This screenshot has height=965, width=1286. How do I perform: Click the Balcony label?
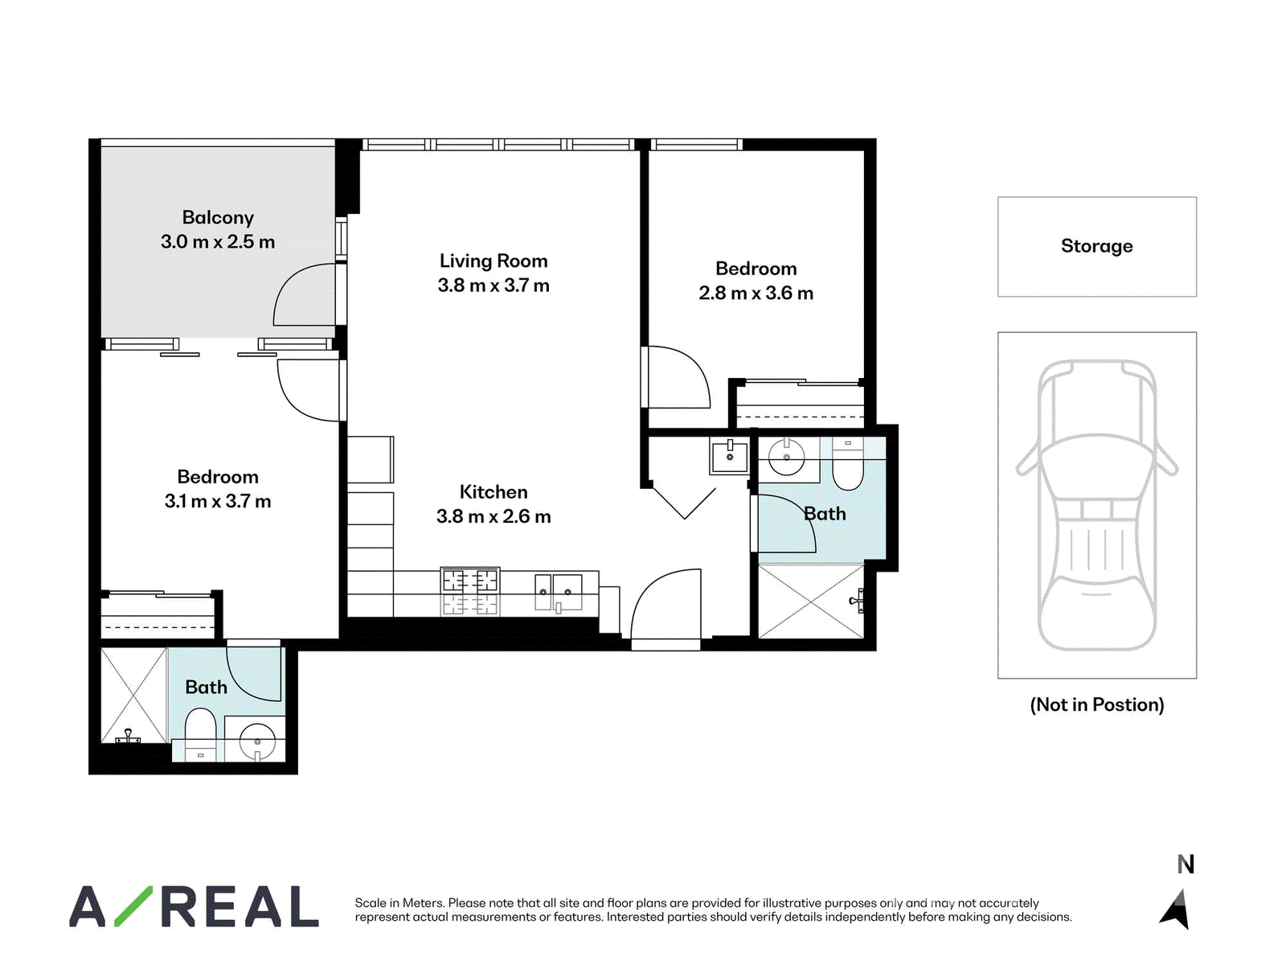(218, 217)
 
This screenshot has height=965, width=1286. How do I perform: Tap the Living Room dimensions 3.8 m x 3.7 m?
(494, 285)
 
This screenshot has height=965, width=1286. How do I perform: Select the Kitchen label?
(494, 491)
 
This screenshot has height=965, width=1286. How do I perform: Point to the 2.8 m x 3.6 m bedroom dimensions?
(756, 293)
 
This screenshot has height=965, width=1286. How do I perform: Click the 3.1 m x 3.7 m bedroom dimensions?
(217, 502)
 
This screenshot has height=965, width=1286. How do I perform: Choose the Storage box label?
(1097, 246)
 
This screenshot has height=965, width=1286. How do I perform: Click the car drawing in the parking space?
(1097, 504)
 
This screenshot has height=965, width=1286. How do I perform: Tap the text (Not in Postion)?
(1097, 704)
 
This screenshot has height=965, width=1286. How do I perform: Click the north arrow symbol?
(1175, 909)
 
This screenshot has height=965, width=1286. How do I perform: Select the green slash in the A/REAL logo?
(133, 905)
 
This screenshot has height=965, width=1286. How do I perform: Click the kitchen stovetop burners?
(470, 591)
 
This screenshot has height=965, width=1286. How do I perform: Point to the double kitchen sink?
(559, 593)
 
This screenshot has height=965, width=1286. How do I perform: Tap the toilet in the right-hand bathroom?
(847, 464)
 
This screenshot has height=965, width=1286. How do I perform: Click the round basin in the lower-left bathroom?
(257, 742)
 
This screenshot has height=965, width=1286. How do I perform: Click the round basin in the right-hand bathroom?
(786, 457)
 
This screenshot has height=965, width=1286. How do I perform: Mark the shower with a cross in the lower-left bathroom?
(134, 694)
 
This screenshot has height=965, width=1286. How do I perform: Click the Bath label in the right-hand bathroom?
(825, 514)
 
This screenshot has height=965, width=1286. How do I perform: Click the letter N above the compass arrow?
(1186, 864)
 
